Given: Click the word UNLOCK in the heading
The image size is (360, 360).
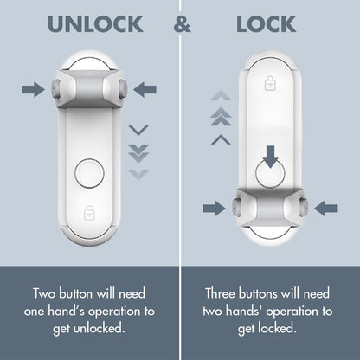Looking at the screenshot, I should tap(95, 24).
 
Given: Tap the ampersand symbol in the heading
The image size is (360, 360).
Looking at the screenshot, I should tap(182, 24).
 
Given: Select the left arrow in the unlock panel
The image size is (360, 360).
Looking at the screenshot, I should tap(33, 88).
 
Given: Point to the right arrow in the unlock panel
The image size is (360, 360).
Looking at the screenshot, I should tap(145, 88).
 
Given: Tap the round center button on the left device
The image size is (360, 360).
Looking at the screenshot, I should tap(89, 173).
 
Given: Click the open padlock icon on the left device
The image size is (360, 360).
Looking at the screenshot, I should tap(89, 212).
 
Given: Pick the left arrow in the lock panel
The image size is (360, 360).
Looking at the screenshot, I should tap(213, 208).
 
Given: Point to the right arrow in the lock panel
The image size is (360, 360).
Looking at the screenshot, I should tap(325, 208).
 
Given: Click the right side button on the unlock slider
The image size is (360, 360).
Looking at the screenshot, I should tap(124, 88).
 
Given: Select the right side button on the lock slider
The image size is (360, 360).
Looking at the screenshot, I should tap(304, 208).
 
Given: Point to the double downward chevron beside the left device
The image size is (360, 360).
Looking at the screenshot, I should tap(138, 151).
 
